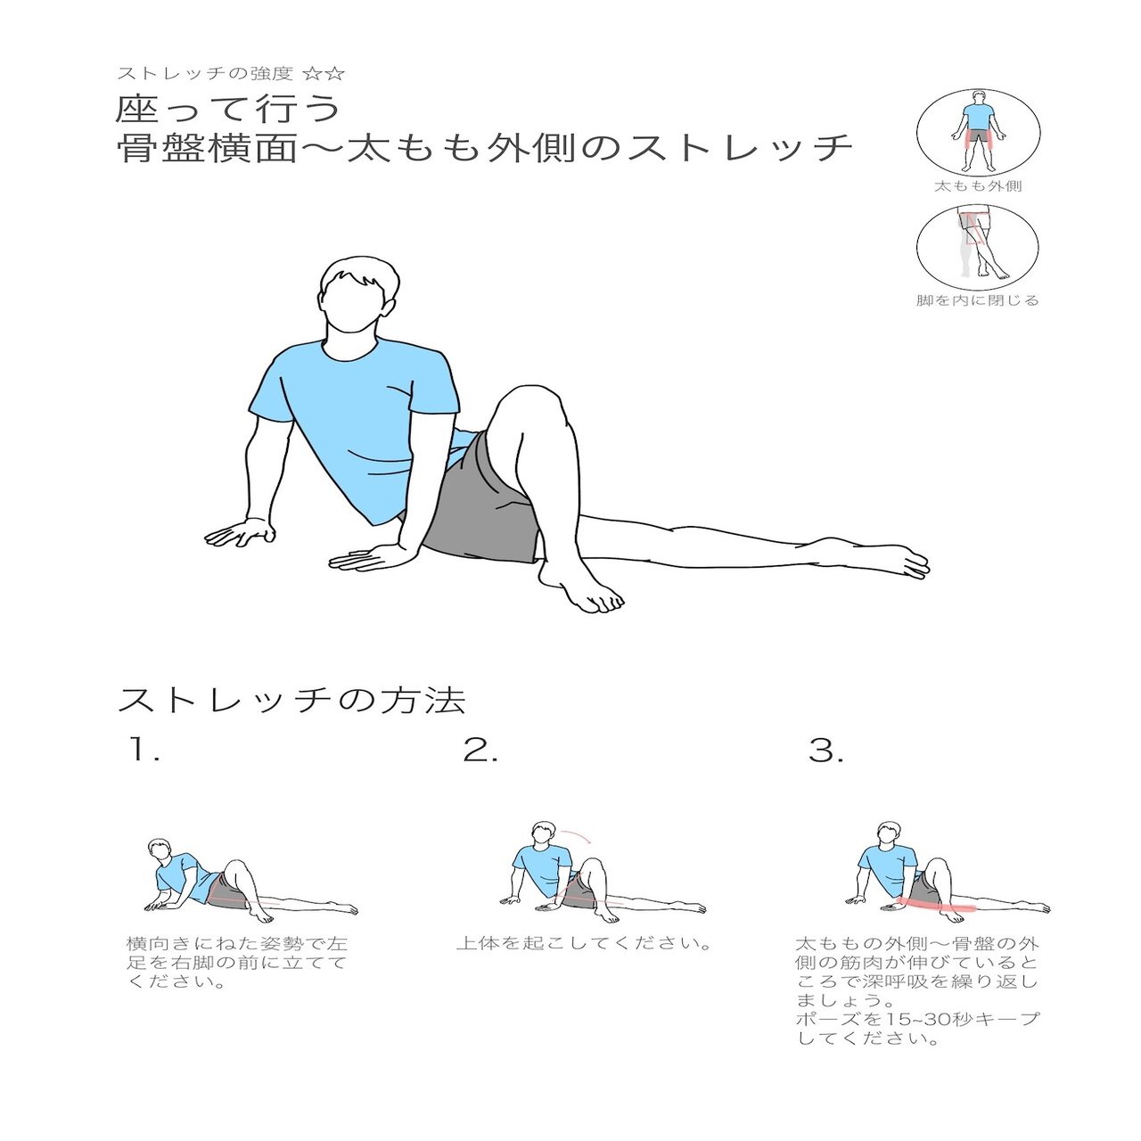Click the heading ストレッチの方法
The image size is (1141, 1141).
(x=291, y=700)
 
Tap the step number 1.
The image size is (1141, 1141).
(x=143, y=751)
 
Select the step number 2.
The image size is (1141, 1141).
(x=480, y=751)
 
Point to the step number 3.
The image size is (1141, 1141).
(x=825, y=751)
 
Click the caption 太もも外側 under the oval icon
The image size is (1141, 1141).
(x=978, y=186)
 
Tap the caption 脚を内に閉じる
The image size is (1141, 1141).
(x=978, y=300)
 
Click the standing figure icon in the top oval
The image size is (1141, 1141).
(x=979, y=131)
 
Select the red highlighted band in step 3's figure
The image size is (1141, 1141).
(x=936, y=907)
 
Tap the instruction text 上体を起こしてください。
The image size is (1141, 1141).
(x=585, y=943)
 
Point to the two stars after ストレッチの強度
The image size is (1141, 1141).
(x=324, y=73)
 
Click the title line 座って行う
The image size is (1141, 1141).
(x=229, y=109)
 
